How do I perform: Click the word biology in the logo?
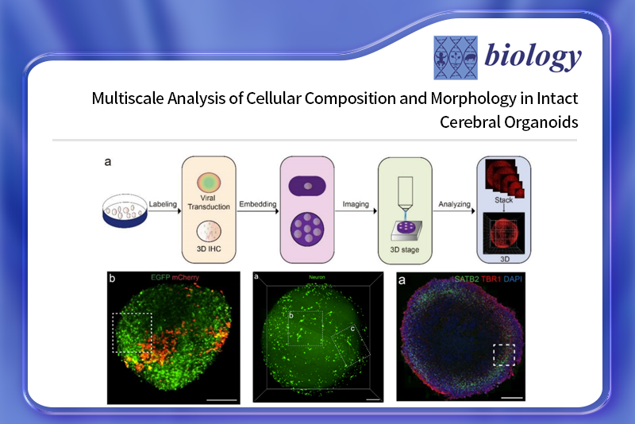pos(533,57)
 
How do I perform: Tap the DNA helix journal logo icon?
pos(456,57)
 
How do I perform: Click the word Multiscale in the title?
pos(127,98)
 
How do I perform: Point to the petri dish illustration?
pos(125,210)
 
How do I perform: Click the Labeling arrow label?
pos(163,205)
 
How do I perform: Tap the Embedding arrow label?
pos(257,204)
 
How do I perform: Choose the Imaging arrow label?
pos(356,205)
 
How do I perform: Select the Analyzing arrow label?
pos(454,205)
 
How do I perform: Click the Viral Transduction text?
pos(209,202)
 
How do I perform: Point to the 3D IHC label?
pos(209,249)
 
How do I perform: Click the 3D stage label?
pos(405,249)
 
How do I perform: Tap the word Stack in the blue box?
pos(503,200)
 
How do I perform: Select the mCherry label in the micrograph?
pos(186,277)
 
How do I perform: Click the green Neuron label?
pos(317,277)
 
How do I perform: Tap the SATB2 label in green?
pos(467,279)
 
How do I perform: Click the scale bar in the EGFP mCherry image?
pos(221,400)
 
